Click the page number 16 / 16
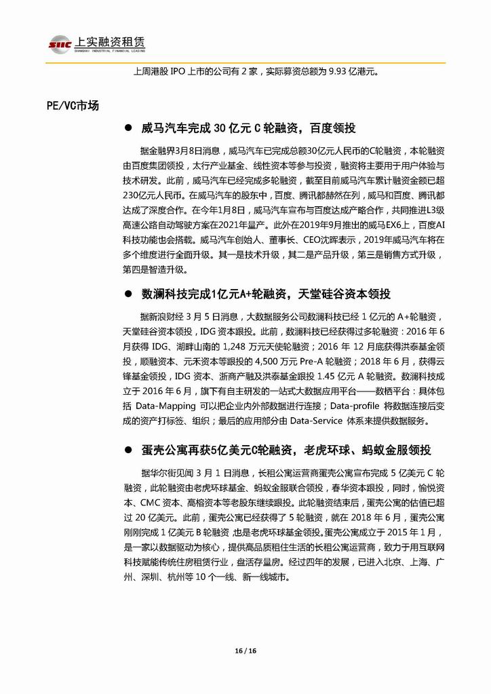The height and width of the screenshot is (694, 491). (245, 650)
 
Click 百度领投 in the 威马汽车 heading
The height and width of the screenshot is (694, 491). (332, 128)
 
